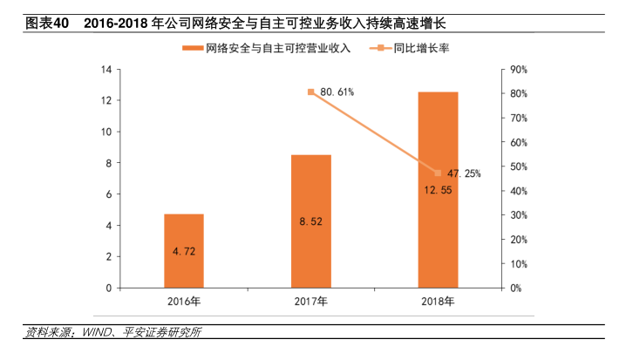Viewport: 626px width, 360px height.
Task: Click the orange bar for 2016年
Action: pyautogui.click(x=184, y=250)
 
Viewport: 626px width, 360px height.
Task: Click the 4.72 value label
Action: pyautogui.click(x=184, y=252)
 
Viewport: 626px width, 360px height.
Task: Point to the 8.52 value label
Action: pyautogui.click(x=310, y=222)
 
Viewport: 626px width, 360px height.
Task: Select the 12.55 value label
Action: pyautogui.click(x=439, y=189)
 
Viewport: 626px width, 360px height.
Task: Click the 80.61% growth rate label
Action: pyautogui.click(x=337, y=92)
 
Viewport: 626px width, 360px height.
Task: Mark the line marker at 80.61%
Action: pyautogui.click(x=311, y=92)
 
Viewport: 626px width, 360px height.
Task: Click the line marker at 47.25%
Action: pyautogui.click(x=438, y=173)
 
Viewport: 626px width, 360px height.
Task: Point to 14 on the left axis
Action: pyautogui.click(x=105, y=70)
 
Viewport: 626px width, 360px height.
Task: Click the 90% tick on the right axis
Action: pyautogui.click(x=519, y=70)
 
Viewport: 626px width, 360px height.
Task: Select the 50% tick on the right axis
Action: pyautogui.click(x=519, y=166)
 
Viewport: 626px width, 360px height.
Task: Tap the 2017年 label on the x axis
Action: pyautogui.click(x=311, y=302)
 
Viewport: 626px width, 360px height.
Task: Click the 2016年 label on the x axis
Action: pyautogui.click(x=184, y=302)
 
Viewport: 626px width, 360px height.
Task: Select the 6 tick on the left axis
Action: pyautogui.click(x=107, y=194)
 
